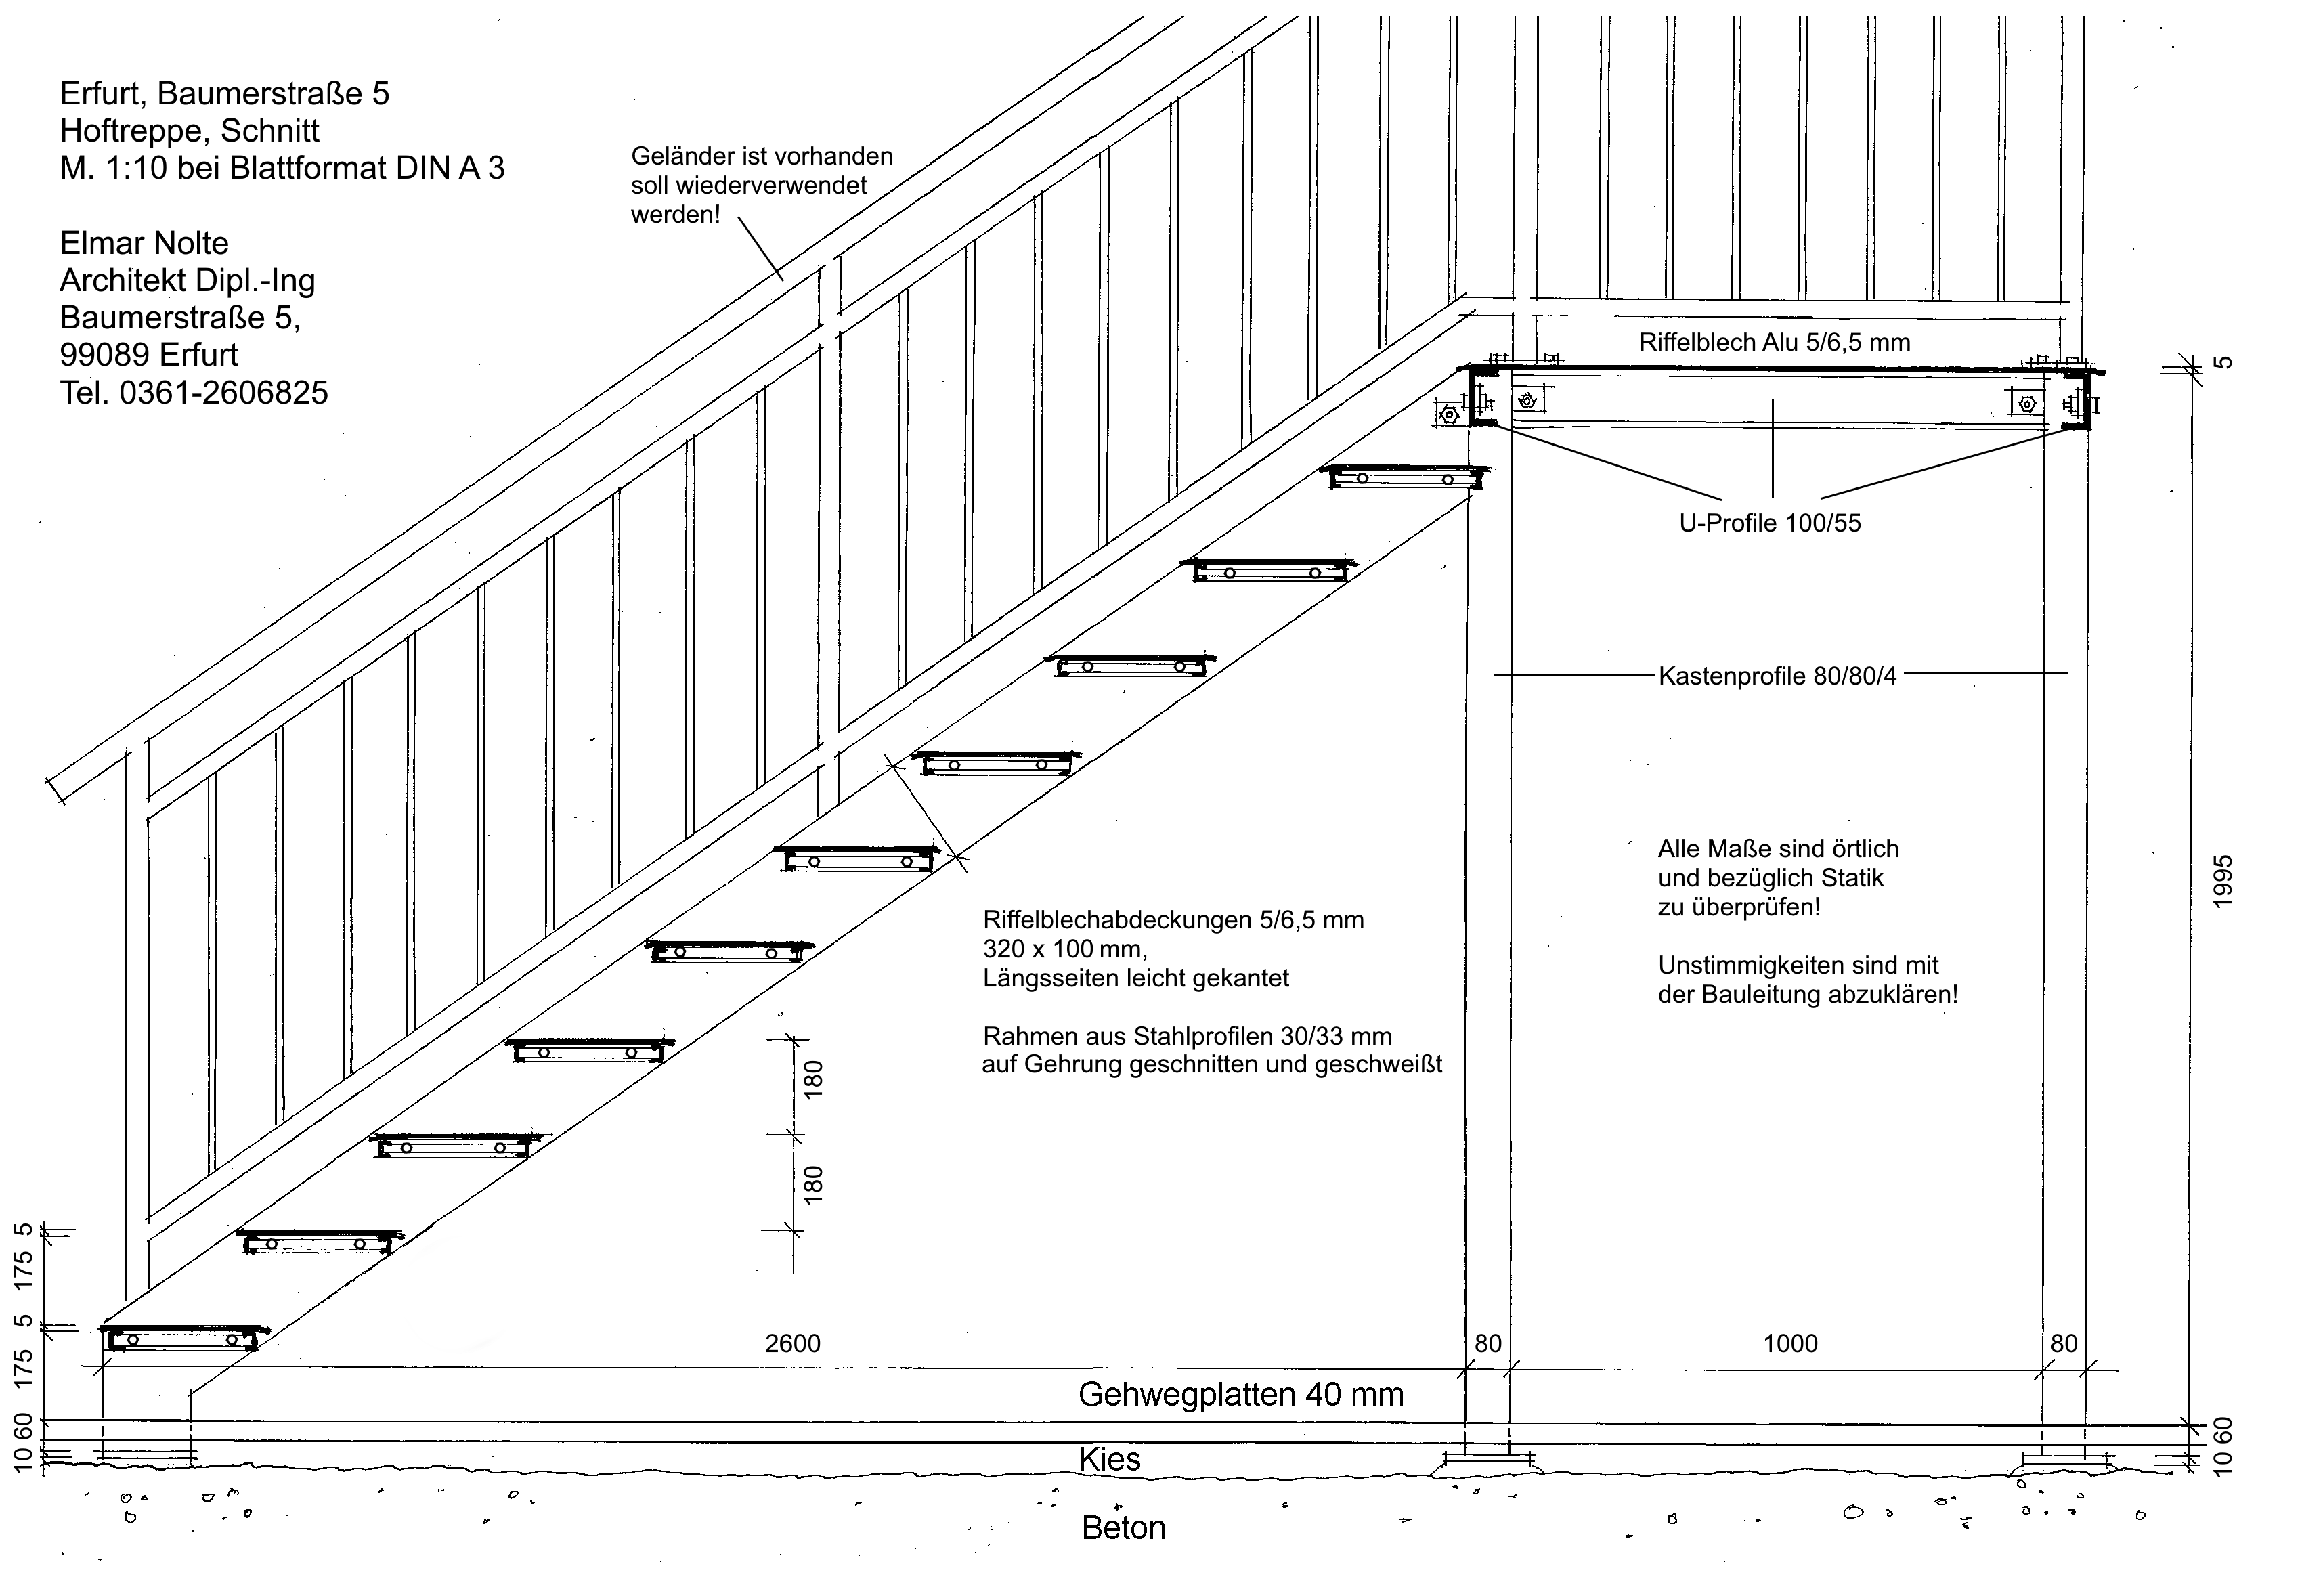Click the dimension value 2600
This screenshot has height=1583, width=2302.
[x=792, y=1344]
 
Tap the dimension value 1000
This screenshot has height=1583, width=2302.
[x=1790, y=1344]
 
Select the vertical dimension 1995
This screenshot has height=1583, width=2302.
[x=2223, y=880]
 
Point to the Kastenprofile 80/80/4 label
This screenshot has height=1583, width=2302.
[x=1777, y=676]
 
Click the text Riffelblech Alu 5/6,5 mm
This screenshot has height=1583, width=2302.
[x=1775, y=343]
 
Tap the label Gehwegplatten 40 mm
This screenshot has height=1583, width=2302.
[x=1241, y=1395]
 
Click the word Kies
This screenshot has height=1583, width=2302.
[x=1110, y=1459]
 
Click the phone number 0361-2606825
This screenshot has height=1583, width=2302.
[x=223, y=393]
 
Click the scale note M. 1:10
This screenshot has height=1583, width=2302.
[x=114, y=168]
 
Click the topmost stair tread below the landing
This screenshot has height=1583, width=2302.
[x=1406, y=477]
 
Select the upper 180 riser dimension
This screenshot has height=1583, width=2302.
[x=813, y=1079]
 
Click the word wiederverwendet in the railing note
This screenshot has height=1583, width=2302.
[x=749, y=186]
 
